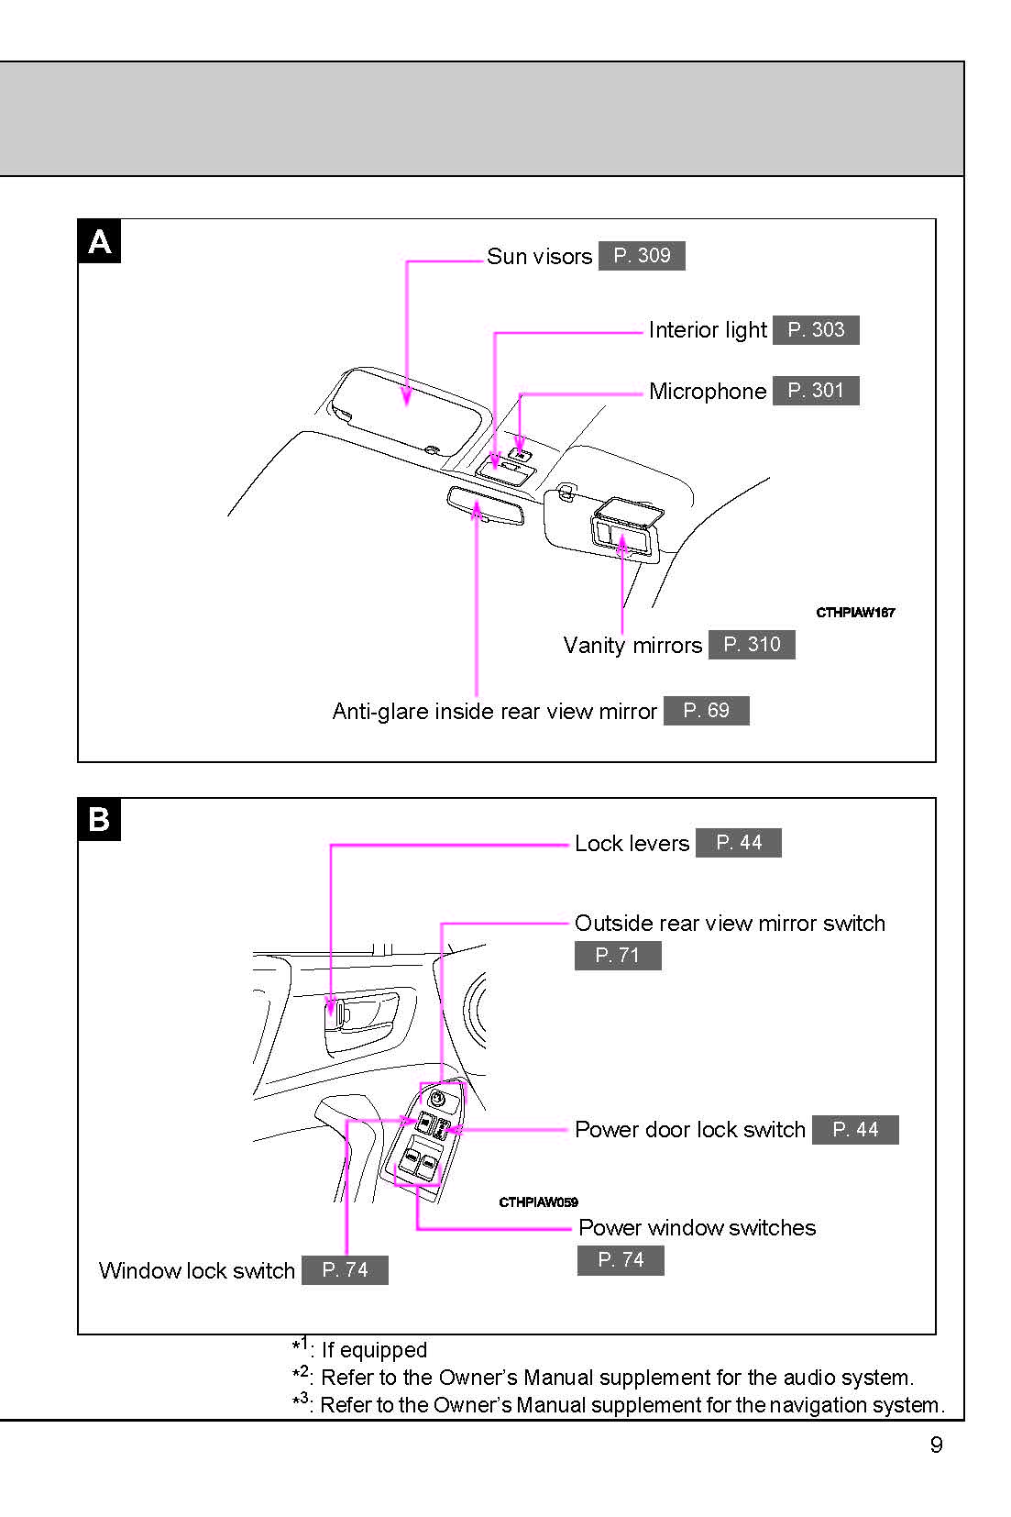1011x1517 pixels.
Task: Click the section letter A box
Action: coord(99,241)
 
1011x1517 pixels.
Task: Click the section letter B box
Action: coord(99,819)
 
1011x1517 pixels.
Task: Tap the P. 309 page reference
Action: coord(642,256)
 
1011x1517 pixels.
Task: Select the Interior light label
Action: coord(708,330)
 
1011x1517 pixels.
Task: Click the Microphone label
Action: coord(708,392)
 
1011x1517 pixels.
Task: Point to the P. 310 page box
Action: coord(752,645)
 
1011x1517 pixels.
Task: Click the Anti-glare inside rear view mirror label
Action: coord(494,712)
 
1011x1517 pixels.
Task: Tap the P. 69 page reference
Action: coord(707,711)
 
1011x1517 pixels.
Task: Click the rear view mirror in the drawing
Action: coord(486,506)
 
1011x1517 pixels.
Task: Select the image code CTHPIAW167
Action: coord(855,613)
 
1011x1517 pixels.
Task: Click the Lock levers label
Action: coord(632,844)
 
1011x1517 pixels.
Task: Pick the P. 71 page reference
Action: coord(618,956)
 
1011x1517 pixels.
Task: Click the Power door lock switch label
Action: coord(690,1130)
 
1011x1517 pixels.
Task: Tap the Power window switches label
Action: coord(697,1228)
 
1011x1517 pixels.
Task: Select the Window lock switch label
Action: coord(197,1271)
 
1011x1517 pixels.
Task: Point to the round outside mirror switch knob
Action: coord(437,1098)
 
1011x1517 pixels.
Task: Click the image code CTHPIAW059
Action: coord(538,1202)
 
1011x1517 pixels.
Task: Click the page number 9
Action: coord(936,1445)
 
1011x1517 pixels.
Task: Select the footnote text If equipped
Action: coord(374,1350)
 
